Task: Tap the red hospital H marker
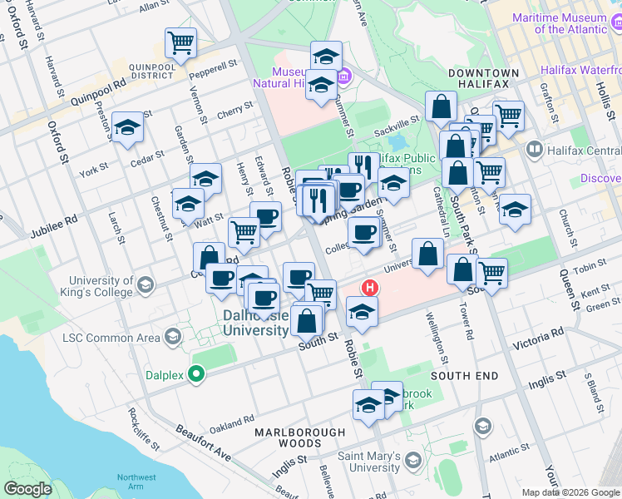pos(369,288)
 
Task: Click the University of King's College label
pos(101,287)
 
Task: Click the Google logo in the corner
pos(27,489)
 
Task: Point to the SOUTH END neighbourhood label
pos(465,376)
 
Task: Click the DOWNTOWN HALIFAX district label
pos(484,73)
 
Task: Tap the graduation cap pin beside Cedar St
pos(127,127)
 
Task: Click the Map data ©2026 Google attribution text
pos(570,492)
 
